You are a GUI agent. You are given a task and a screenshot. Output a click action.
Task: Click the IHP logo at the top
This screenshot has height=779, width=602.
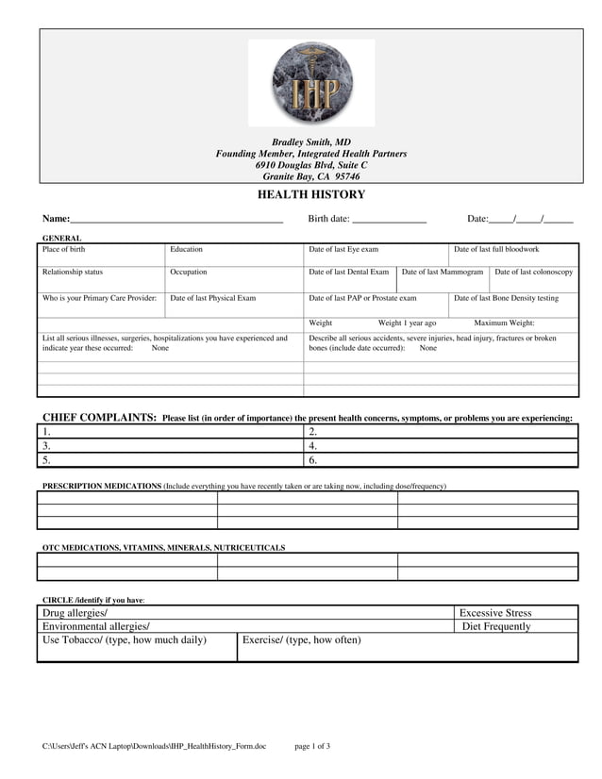pyautogui.click(x=310, y=83)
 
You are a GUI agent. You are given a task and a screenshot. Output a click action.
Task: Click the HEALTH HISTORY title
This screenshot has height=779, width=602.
pyautogui.click(x=311, y=195)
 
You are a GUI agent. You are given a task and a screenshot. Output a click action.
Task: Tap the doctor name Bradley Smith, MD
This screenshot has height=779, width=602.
pyautogui.click(x=311, y=142)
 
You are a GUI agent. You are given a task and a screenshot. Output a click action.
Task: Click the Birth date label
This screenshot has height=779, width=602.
pyautogui.click(x=328, y=219)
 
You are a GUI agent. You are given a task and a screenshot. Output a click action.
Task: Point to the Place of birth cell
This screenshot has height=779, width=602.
pyautogui.click(x=101, y=255)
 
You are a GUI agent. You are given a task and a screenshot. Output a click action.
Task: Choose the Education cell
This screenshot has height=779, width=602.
pyautogui.click(x=234, y=255)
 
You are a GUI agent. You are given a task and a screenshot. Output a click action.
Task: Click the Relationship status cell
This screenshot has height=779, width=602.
pyautogui.click(x=101, y=278)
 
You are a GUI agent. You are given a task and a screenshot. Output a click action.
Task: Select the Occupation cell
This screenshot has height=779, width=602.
pyautogui.click(x=234, y=278)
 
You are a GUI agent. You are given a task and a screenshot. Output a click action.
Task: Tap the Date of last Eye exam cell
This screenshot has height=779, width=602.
pyautogui.click(x=376, y=255)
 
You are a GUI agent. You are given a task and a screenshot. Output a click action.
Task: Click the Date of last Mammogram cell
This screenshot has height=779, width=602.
pyautogui.click(x=443, y=278)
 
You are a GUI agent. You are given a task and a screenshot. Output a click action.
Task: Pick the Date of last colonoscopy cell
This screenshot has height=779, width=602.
pyautogui.click(x=533, y=278)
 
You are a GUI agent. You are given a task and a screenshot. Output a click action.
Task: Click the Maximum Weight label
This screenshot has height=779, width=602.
pyautogui.click(x=504, y=323)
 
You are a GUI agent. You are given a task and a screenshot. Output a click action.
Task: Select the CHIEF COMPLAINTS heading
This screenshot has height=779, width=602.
pyautogui.click(x=99, y=418)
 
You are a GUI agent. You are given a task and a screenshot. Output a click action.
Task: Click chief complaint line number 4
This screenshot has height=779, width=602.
pyautogui.click(x=442, y=446)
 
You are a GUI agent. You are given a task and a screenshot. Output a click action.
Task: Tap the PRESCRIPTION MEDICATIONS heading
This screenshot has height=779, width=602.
pyautogui.click(x=102, y=486)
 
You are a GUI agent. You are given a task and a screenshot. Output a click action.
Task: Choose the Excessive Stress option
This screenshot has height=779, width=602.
pyautogui.click(x=495, y=613)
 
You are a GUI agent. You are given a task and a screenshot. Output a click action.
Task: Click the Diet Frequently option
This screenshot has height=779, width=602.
pyautogui.click(x=497, y=626)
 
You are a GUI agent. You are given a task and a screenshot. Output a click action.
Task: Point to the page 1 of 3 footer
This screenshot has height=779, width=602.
pyautogui.click(x=312, y=746)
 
